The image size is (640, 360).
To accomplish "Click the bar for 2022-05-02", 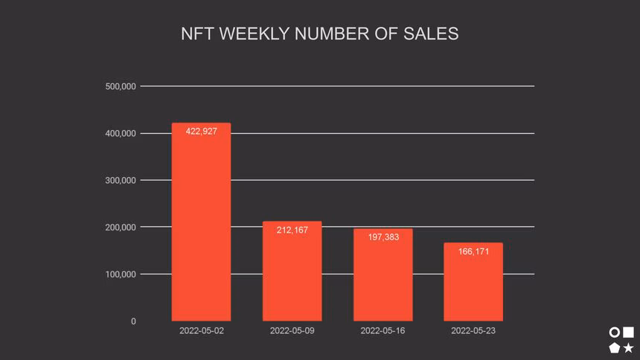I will click(201, 223).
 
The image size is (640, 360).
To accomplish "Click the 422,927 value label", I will click(201, 132).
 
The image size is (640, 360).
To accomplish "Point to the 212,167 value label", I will click(292, 231).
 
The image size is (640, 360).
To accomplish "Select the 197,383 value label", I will click(383, 237).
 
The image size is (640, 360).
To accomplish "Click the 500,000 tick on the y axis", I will click(121, 86).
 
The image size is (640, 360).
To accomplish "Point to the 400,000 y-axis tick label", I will click(121, 133).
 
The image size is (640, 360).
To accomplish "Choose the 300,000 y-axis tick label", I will click(121, 180).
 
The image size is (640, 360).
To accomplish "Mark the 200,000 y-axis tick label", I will click(121, 227).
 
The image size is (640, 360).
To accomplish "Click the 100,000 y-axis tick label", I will click(121, 274).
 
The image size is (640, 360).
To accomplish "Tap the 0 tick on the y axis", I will click(133, 321).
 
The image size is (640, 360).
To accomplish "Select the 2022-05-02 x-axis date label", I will click(201, 331).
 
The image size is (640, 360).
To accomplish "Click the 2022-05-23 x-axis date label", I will click(473, 331).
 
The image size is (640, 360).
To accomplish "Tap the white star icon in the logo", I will click(629, 347).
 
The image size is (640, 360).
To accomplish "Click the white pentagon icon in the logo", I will click(615, 347).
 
